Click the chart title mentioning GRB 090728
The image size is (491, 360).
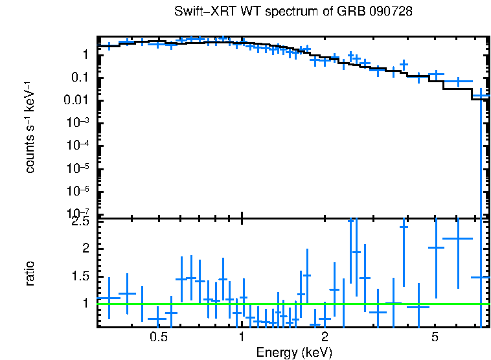click(293, 12)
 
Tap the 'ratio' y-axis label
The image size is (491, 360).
click(30, 274)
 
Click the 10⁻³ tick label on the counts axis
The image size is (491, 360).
click(81, 123)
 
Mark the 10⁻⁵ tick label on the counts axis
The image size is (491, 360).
click(81, 168)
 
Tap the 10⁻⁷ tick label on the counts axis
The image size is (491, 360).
click(81, 213)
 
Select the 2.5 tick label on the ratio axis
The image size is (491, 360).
click(81, 221)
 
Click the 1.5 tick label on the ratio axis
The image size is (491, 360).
click(81, 276)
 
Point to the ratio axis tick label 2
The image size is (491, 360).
click(86, 249)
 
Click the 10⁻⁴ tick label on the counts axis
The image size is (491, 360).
click(81, 146)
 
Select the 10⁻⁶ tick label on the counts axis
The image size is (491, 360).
click(81, 191)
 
